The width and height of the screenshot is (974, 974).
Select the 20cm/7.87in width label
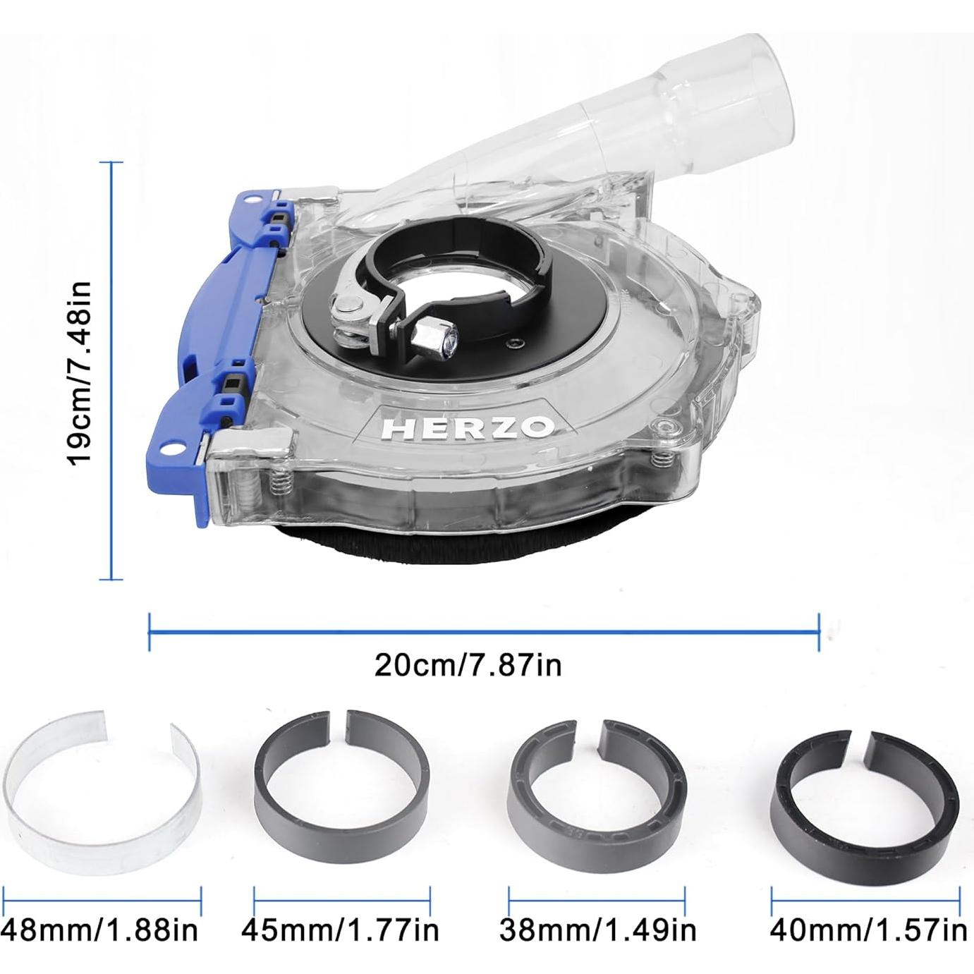click(x=468, y=664)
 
